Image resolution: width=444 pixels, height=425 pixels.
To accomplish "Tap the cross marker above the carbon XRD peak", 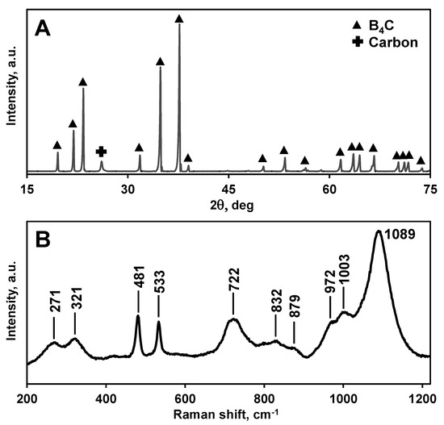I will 101,152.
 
